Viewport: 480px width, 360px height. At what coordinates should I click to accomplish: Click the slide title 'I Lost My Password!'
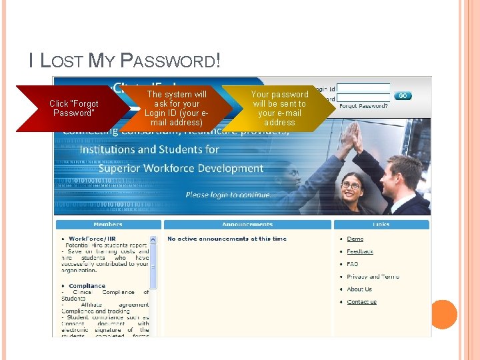124,61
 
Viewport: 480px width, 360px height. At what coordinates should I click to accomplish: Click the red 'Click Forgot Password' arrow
74,108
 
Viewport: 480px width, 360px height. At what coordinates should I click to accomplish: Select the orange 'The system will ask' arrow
177,108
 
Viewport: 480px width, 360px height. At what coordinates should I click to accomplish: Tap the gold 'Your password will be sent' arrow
279,108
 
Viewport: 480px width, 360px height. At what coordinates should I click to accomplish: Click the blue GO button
403,96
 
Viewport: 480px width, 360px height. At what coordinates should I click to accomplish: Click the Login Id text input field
363,88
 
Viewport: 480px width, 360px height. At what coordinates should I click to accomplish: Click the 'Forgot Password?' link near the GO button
363,106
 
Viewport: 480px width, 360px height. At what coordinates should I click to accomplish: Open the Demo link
355,239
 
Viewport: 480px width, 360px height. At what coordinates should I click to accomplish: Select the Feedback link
360,251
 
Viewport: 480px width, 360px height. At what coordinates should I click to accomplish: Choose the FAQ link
353,264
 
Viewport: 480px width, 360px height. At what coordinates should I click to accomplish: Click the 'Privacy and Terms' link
373,277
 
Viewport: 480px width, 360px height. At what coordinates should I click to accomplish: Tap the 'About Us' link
359,289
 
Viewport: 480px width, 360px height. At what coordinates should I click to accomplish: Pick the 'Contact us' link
361,302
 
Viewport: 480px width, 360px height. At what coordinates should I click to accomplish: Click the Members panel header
108,225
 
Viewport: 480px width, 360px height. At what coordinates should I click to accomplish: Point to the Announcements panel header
247,225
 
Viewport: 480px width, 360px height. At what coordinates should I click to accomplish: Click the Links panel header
381,225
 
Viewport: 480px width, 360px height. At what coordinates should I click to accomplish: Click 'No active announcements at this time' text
227,239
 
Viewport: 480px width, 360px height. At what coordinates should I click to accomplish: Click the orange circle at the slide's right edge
443,314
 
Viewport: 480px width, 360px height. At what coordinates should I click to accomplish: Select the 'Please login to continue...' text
229,195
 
